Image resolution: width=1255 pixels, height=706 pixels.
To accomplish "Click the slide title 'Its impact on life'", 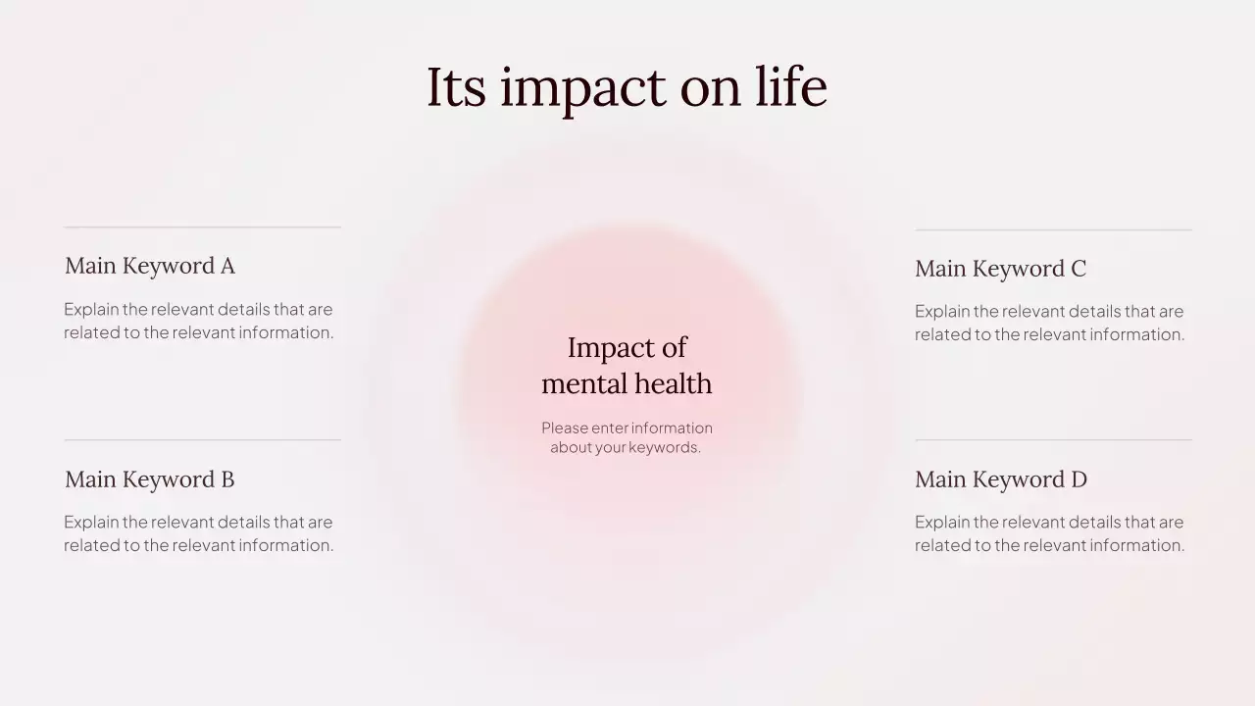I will click(x=627, y=86).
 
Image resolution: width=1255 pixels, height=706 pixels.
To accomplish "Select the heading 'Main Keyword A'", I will click(x=150, y=266).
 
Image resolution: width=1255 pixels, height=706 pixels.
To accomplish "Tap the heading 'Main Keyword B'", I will click(x=150, y=479).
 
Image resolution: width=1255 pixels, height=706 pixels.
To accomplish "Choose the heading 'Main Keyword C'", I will click(x=1000, y=269).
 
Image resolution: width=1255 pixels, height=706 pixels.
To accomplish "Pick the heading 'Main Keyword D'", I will click(x=1001, y=479).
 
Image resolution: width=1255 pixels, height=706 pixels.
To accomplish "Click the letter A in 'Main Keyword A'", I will click(x=227, y=266).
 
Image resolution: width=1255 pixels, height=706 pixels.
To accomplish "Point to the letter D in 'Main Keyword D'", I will click(x=1079, y=479).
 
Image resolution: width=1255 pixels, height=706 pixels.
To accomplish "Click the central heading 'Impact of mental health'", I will click(x=627, y=365).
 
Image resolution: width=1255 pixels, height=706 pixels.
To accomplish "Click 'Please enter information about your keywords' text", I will click(x=627, y=437).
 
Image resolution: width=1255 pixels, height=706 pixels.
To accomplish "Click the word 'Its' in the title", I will click(x=456, y=86).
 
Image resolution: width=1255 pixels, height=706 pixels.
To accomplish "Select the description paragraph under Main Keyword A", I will click(x=199, y=321).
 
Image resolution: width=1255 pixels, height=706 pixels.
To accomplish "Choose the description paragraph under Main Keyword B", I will click(x=199, y=533).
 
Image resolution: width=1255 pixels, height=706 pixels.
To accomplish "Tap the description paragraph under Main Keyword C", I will click(x=1049, y=323).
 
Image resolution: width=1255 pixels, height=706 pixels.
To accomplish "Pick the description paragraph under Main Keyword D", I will click(x=1049, y=533).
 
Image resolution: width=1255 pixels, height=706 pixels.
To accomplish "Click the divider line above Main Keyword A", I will click(x=202, y=227).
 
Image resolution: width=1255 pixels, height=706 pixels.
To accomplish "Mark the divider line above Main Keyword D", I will click(x=1053, y=440).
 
